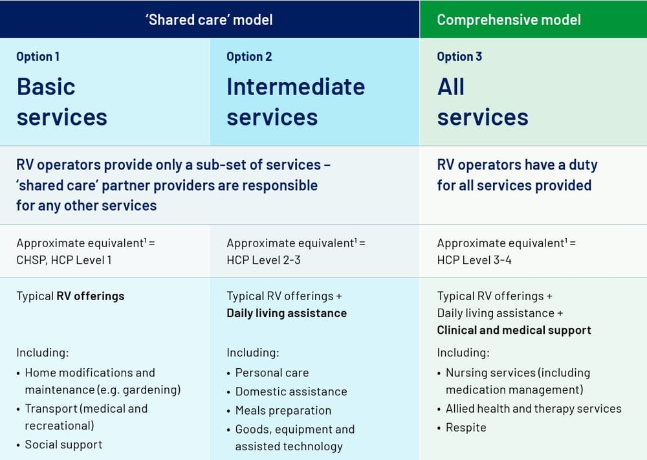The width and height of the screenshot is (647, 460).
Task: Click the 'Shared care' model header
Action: (209, 19)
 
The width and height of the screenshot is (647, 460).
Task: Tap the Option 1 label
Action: (38, 57)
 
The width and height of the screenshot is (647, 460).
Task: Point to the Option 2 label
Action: (249, 57)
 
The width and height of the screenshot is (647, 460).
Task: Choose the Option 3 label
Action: (459, 57)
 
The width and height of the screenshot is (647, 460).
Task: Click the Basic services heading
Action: (61, 102)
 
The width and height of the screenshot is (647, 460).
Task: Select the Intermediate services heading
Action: (295, 102)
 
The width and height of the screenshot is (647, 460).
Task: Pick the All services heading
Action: (482, 102)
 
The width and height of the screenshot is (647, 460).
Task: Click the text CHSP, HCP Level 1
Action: (66, 260)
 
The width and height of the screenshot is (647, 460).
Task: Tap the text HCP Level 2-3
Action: (263, 260)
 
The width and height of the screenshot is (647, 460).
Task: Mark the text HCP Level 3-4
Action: (474, 260)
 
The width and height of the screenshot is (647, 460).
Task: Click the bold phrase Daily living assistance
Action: (287, 313)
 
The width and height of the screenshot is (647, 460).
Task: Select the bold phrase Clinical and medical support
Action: (514, 330)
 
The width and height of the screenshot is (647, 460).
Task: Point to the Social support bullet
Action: (63, 444)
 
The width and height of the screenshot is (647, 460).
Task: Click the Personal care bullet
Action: (272, 373)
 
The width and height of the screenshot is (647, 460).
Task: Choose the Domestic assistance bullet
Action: (291, 391)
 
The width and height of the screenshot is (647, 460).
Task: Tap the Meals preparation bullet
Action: (283, 410)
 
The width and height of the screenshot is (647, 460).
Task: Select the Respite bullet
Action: (466, 428)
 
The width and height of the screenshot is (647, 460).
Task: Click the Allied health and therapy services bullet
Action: (533, 409)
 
